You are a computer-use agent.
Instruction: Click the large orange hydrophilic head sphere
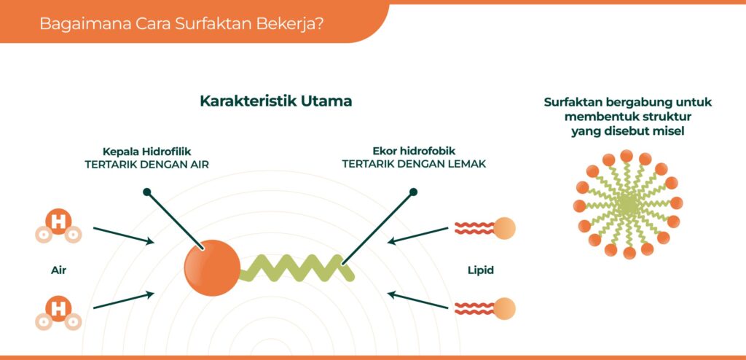point(212,267)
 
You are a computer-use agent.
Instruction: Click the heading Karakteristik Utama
point(276,101)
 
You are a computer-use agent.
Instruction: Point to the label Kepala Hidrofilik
point(146,152)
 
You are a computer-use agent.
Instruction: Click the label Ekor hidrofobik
point(414,152)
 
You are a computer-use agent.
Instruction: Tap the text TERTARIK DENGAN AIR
point(146,164)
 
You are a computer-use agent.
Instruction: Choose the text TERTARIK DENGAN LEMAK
point(414,164)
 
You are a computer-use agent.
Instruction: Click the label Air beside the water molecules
point(58,270)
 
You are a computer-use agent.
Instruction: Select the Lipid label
point(481,270)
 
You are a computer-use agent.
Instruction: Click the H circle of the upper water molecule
point(58,222)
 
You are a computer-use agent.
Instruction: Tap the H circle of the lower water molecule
point(58,308)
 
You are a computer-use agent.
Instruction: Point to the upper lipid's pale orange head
point(504,228)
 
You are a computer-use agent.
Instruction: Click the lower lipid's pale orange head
point(504,308)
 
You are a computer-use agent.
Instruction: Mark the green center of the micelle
point(628,206)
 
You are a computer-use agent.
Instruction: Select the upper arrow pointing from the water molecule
point(124,235)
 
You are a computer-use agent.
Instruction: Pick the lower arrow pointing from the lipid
point(418,300)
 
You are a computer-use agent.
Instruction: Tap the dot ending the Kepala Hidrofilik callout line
point(147,192)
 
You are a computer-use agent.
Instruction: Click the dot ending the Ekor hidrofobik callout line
point(414,192)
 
